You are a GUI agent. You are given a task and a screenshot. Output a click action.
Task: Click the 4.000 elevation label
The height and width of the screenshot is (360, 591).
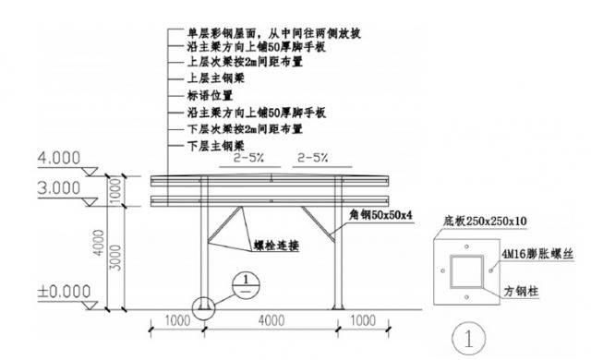[60, 158]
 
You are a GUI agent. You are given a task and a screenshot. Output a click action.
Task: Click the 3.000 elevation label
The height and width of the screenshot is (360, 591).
[60, 188]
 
